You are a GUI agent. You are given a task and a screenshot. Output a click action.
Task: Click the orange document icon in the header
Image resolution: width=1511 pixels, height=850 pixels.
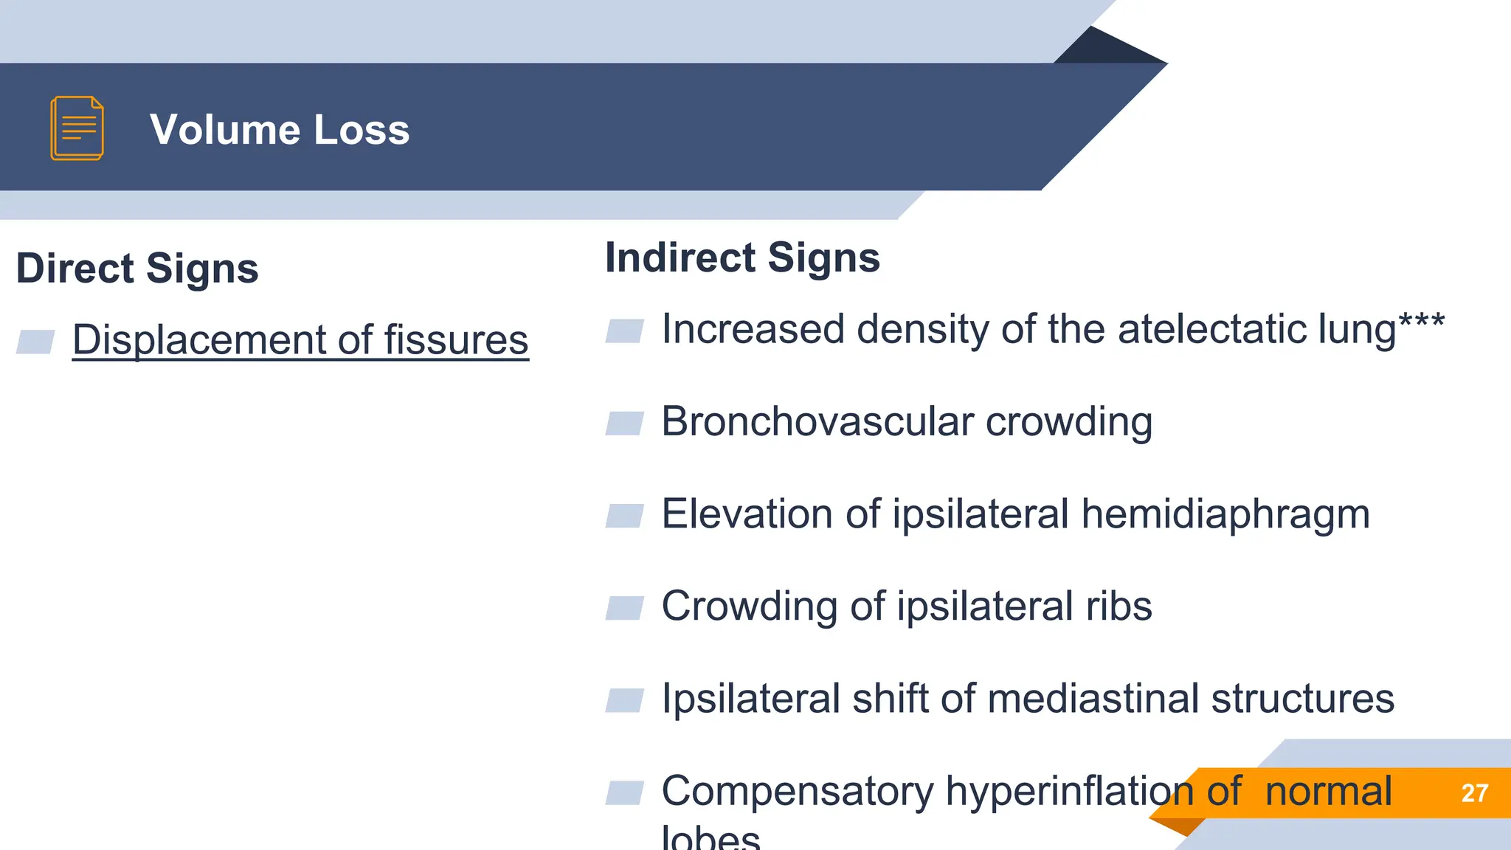click(x=77, y=128)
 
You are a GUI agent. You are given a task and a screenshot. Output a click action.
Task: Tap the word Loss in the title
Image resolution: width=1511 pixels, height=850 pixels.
click(x=362, y=130)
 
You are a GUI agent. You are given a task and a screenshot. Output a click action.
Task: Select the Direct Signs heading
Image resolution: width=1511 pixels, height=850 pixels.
click(x=137, y=268)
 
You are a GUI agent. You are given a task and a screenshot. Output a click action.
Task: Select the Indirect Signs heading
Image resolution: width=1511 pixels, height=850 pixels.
click(x=742, y=258)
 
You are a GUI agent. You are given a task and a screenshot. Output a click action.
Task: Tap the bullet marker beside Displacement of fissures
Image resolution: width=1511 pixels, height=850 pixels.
click(x=35, y=342)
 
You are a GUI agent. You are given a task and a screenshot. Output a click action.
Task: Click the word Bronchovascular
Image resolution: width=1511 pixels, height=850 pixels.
click(x=817, y=422)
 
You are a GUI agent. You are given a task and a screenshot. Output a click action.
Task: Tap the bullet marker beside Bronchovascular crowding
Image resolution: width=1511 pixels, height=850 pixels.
click(x=624, y=424)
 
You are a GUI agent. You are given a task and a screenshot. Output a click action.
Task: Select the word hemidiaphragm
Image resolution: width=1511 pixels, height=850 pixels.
click(x=1225, y=514)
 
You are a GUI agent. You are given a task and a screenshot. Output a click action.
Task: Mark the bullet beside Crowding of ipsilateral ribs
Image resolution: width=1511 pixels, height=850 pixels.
click(x=624, y=608)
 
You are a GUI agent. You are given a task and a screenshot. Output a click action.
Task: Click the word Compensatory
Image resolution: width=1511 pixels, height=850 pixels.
click(x=797, y=792)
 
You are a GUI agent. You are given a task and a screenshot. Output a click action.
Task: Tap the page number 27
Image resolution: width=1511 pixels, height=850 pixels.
click(x=1474, y=793)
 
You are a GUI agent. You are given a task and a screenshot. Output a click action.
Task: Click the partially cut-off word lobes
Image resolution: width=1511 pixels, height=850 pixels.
click(x=710, y=838)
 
